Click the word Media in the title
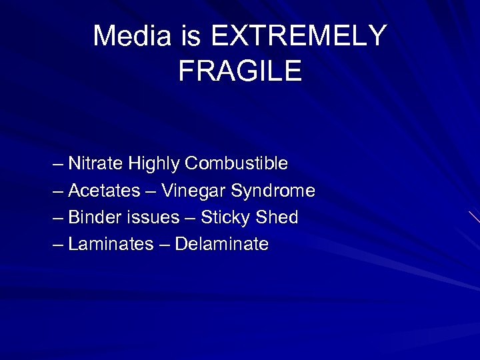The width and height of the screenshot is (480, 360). pos(131,36)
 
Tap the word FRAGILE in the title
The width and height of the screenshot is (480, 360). pos(240,71)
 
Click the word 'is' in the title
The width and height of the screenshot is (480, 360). pos(189,36)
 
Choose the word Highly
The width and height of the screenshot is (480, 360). pos(154,163)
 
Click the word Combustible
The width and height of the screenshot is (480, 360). pos(236,163)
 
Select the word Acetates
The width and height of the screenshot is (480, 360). pos(104,191)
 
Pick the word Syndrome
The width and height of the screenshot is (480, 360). pos(273,191)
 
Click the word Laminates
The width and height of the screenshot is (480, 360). pos(111,245)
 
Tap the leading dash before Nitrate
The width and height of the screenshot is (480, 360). pos(58,164)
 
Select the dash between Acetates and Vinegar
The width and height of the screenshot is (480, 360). pos(151,191)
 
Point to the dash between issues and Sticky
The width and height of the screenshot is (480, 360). pos(190,218)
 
